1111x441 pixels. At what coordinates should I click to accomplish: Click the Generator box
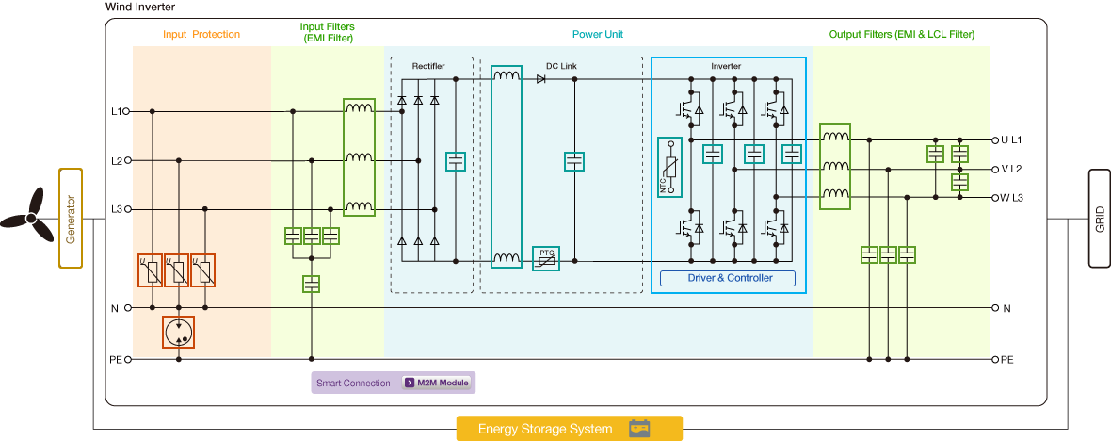[72, 218]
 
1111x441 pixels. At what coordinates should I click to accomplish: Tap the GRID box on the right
[1099, 218]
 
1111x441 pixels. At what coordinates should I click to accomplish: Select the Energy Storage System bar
[569, 429]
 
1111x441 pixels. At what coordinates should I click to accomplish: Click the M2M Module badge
[437, 383]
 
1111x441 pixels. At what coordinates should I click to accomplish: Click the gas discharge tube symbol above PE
[179, 332]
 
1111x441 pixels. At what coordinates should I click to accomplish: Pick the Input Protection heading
[201, 35]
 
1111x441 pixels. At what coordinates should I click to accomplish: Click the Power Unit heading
[598, 35]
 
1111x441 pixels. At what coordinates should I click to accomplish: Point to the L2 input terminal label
[117, 160]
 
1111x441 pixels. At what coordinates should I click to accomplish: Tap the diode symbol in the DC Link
[541, 79]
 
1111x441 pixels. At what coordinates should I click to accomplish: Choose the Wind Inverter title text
[141, 8]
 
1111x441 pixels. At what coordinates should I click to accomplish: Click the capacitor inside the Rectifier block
[456, 161]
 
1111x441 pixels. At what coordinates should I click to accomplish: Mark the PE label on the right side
[1006, 360]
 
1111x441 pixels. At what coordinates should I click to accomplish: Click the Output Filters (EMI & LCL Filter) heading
[901, 35]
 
